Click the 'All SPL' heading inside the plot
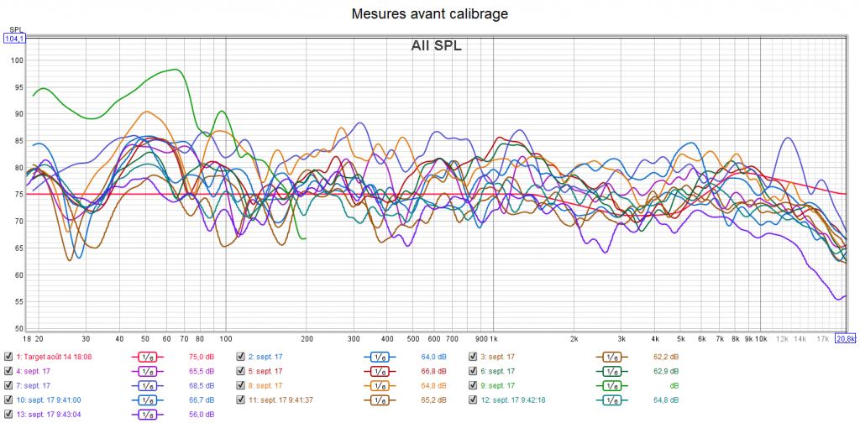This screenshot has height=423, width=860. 436,45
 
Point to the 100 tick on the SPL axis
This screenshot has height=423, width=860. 16,60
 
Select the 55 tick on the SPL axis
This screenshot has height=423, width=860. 16,301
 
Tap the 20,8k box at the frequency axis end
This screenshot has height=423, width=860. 846,338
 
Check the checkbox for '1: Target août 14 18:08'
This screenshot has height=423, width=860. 8,356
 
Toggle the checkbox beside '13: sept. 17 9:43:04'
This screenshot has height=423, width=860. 8,414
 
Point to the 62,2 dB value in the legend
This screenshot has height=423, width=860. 665,356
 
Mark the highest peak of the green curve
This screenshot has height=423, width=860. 174,70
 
